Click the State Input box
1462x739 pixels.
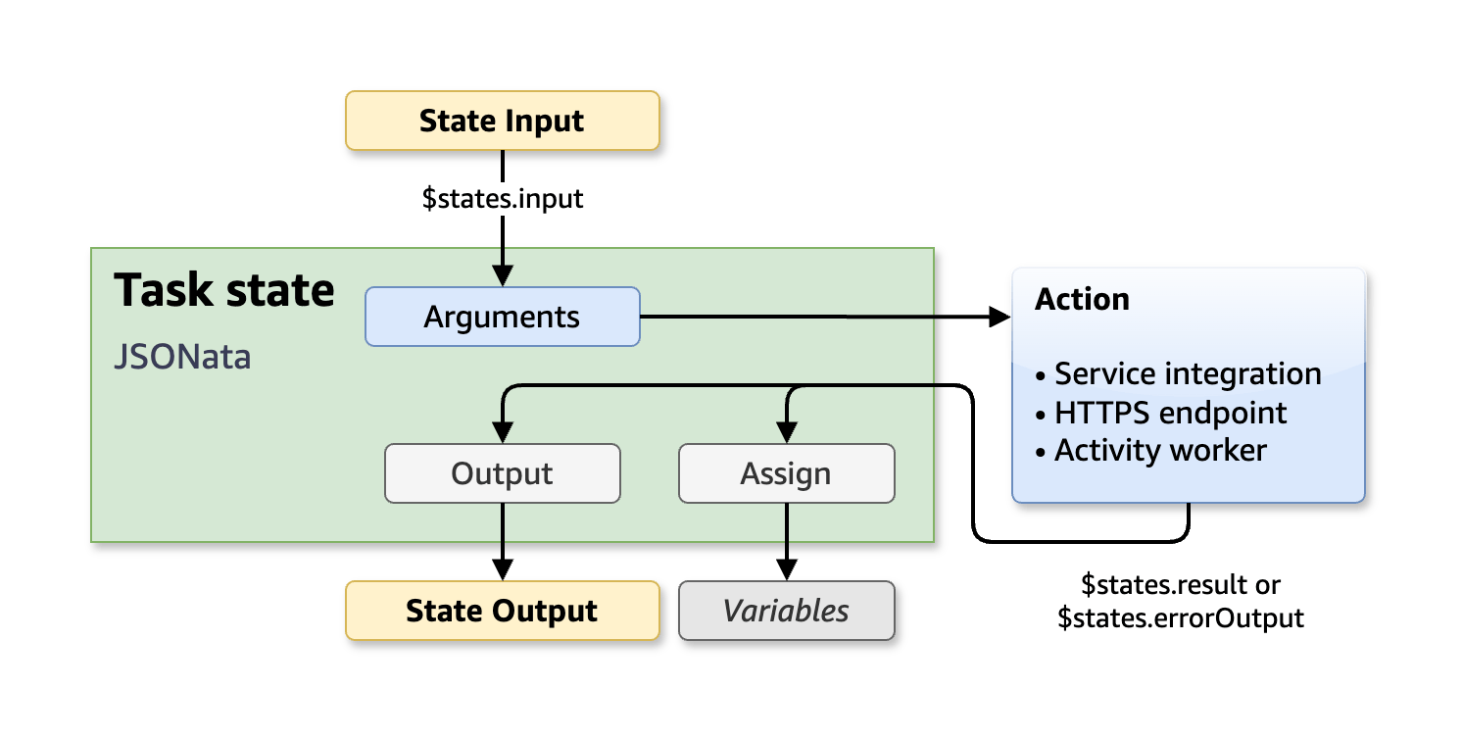tap(502, 122)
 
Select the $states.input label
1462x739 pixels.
tap(502, 199)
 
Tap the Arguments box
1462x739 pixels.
tap(502, 317)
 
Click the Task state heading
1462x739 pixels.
tap(224, 291)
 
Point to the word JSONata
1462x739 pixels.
tap(182, 357)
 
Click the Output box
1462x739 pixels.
tap(502, 473)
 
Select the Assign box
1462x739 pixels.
tap(786, 473)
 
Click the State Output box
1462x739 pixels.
tap(502, 611)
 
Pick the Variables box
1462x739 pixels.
tap(786, 611)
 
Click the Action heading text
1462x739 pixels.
tap(1082, 299)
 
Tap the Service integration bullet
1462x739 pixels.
tap(1179, 373)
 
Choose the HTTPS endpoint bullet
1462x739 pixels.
tap(1161, 413)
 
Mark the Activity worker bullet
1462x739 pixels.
tap(1151, 451)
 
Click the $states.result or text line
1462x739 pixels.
tap(1181, 585)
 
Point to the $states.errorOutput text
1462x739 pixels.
tap(1181, 618)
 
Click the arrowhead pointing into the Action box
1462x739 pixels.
tap(999, 317)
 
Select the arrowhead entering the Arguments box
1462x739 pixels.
tap(502, 276)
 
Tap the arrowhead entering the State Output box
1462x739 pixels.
tap(502, 570)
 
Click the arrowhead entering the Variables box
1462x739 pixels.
tap(786, 570)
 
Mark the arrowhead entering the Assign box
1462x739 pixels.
tap(786, 433)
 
